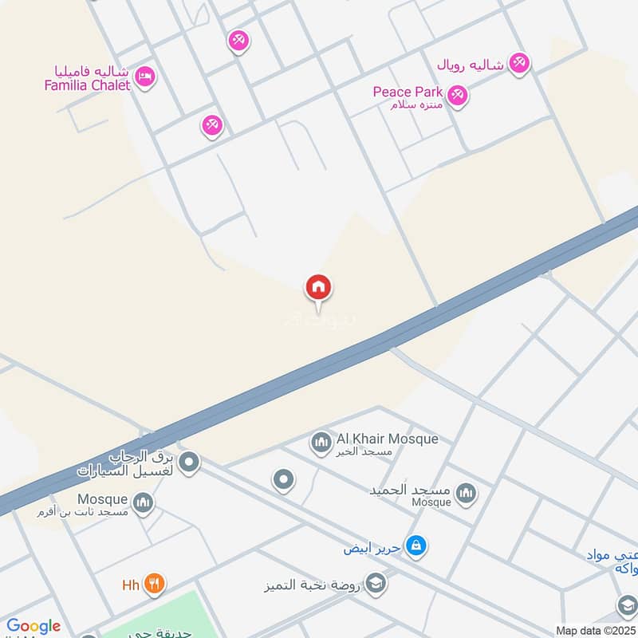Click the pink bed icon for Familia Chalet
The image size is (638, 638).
(x=144, y=77)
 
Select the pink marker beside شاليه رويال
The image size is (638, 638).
(x=519, y=62)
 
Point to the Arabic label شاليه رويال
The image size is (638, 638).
(x=471, y=65)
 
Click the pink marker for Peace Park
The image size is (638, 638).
(x=457, y=95)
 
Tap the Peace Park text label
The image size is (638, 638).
(x=408, y=92)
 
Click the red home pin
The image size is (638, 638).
(x=318, y=288)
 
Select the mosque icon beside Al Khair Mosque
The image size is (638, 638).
(x=321, y=441)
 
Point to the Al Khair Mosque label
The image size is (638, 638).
(x=376, y=439)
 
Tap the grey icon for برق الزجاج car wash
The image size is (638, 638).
(x=189, y=461)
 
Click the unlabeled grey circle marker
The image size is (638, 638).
(x=283, y=480)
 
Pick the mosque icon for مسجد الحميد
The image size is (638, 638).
(x=467, y=493)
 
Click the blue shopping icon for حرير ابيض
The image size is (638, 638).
(x=415, y=546)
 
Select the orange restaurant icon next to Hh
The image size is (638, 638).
(x=155, y=585)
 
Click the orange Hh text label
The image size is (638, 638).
(x=131, y=585)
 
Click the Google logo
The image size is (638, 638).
(x=33, y=626)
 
